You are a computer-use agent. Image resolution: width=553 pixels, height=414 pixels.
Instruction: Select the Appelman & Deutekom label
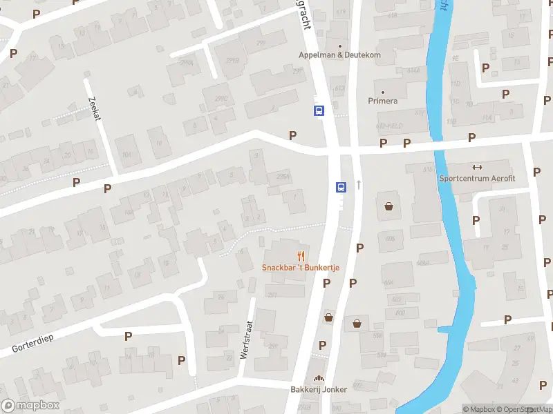click(339, 55)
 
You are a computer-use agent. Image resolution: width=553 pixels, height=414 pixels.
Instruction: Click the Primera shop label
click(382, 101)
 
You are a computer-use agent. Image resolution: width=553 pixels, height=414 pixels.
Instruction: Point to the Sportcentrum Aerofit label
click(476, 177)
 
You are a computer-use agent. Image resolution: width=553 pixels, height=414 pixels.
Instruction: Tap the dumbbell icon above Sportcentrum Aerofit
click(476, 167)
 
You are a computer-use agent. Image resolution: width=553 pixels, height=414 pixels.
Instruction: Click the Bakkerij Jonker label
click(319, 389)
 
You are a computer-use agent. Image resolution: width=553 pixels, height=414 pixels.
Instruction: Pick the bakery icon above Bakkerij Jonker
click(319, 378)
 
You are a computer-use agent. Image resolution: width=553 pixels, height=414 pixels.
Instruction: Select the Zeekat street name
click(95, 108)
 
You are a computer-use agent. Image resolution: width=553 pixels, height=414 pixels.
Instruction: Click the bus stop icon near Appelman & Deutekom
click(319, 110)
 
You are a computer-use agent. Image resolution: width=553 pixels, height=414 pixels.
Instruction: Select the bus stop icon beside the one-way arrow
click(341, 186)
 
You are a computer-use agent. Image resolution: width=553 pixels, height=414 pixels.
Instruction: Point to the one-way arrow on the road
click(359, 184)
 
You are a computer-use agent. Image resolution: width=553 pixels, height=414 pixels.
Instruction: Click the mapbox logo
click(30, 406)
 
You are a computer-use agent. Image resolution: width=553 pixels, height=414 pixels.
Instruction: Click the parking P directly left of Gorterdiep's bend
click(128, 336)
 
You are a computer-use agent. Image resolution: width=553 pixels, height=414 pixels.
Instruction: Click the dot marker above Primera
click(382, 91)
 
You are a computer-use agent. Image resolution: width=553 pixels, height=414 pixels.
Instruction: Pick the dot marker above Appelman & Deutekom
click(339, 46)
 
